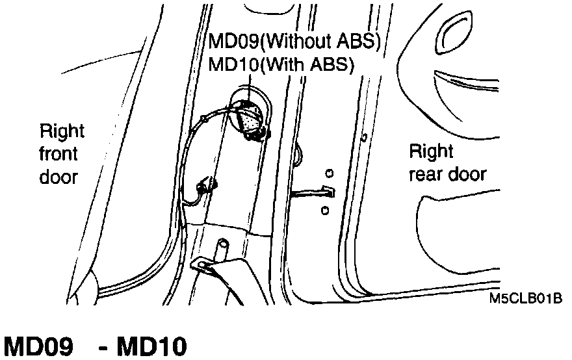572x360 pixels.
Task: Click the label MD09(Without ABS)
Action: (293, 42)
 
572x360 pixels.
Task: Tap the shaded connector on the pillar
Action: (249, 120)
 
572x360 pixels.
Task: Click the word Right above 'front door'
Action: (62, 132)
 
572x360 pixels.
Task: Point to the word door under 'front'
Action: (58, 176)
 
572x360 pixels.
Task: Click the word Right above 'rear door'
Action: (431, 152)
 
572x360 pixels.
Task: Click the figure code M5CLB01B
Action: (526, 300)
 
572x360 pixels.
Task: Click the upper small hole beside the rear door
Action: (329, 173)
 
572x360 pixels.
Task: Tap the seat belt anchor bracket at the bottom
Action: (207, 266)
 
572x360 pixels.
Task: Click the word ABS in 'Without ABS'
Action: (357, 42)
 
